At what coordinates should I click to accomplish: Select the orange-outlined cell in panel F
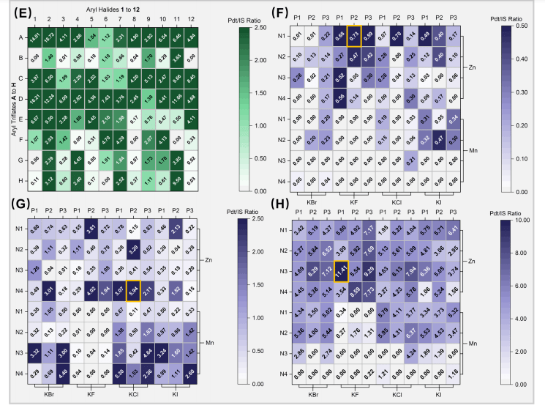[x=355, y=34]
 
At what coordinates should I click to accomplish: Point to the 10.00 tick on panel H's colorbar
[x=509, y=219]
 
